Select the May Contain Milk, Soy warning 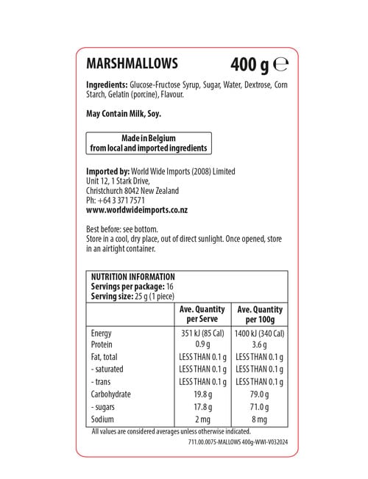123,114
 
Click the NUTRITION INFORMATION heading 132,277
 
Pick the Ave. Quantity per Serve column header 202,314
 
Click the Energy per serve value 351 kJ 202,333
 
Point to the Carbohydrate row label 111,394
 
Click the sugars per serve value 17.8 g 202,406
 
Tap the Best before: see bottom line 121,228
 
